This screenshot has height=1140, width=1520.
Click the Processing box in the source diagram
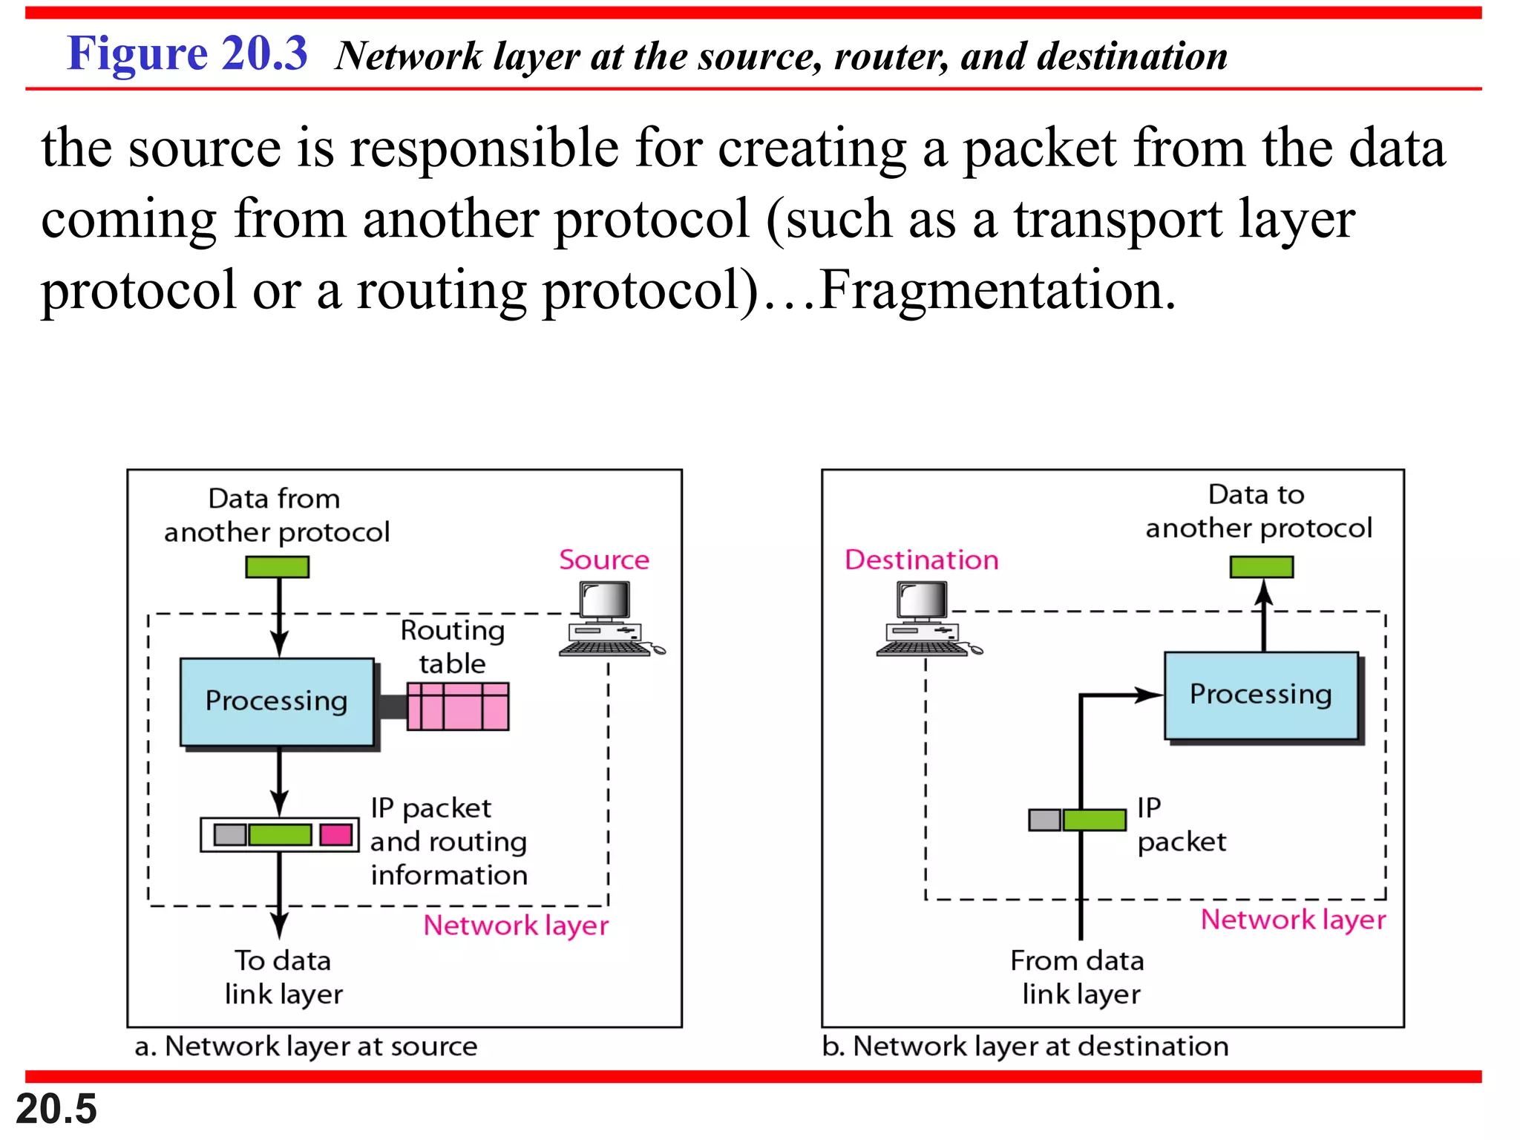(x=277, y=701)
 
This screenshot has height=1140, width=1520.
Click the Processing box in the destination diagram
(x=1261, y=695)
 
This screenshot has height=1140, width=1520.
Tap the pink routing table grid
(x=458, y=707)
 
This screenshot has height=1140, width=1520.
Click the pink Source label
(x=603, y=560)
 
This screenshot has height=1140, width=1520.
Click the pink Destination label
(x=921, y=560)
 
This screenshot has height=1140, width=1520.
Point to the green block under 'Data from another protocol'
(x=277, y=567)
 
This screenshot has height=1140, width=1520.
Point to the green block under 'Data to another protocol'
(x=1261, y=567)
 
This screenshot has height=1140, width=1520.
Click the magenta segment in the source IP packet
(x=335, y=834)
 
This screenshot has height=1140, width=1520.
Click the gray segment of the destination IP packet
(x=1044, y=820)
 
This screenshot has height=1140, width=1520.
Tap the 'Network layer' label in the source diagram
(x=516, y=926)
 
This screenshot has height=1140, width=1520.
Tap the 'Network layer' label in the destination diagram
(x=1293, y=920)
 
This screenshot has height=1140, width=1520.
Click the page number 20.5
(x=56, y=1109)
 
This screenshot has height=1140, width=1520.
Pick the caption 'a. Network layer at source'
(x=306, y=1046)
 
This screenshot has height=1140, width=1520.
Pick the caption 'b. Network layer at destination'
(x=1025, y=1046)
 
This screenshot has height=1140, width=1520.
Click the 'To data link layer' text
(x=284, y=977)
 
